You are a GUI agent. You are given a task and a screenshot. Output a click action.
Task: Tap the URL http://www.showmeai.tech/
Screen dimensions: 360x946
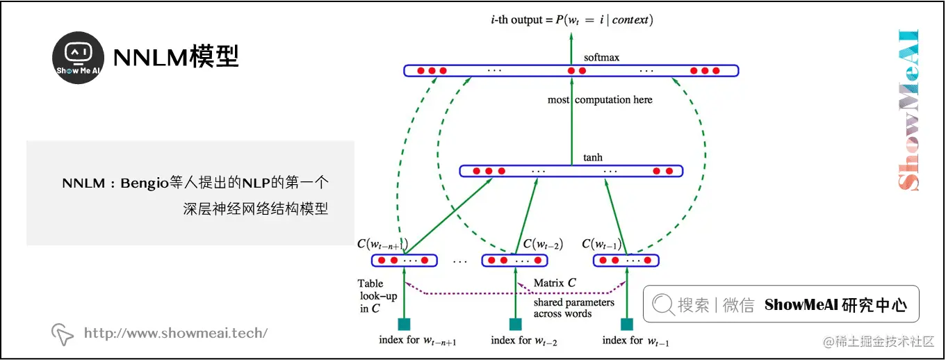[175, 333]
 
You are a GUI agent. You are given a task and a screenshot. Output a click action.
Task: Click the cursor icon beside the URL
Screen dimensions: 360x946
[63, 334]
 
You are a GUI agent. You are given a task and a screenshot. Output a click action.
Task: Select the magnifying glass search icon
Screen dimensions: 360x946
[663, 304]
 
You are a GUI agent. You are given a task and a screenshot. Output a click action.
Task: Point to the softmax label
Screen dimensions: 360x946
[601, 57]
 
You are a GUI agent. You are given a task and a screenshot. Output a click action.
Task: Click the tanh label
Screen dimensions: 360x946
[592, 158]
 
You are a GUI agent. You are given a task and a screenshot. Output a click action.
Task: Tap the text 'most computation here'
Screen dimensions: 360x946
[600, 100]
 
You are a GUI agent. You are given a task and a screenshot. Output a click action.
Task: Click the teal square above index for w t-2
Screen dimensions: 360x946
[515, 324]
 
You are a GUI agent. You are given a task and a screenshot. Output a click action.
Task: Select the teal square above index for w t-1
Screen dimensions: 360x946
[626, 324]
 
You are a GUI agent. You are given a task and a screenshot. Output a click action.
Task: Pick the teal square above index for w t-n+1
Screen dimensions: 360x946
[404, 324]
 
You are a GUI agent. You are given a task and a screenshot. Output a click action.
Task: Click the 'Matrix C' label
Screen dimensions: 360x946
[555, 283]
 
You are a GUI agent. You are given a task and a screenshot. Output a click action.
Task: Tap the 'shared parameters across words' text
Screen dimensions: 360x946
[573, 308]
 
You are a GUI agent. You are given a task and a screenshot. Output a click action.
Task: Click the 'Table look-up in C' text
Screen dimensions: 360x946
[377, 296]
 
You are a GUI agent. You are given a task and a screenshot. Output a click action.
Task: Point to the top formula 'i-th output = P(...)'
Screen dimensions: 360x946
[571, 19]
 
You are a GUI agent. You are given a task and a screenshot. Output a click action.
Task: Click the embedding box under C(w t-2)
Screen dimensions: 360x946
[514, 261]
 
